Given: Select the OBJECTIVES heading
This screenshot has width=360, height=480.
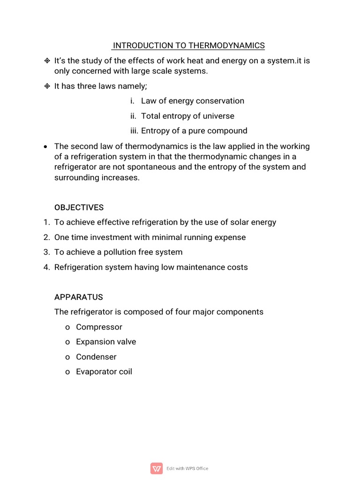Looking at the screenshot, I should point(79,207).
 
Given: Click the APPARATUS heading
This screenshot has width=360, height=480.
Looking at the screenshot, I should point(78,297).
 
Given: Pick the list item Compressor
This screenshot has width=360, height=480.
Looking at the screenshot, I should point(99,327).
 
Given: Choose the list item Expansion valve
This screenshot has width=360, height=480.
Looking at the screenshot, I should point(106,342).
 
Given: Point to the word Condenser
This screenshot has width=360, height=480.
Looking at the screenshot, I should point(96,357).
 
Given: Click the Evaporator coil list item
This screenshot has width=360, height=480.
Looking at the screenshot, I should point(104,372).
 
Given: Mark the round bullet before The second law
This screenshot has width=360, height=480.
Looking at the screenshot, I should point(45,147).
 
